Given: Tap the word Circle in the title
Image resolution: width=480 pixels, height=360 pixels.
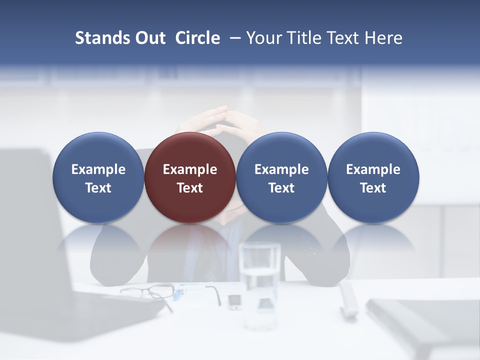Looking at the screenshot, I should (x=197, y=38).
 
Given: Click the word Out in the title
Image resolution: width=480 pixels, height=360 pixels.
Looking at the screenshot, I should (x=149, y=38).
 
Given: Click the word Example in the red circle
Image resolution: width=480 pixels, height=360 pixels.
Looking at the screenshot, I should (x=190, y=169).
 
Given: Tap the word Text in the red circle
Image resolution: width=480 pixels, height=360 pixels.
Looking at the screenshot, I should (x=190, y=188).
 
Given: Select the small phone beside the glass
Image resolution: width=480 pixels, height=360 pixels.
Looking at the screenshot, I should (x=234, y=301).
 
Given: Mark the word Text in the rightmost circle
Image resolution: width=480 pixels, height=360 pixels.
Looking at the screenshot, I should (x=373, y=188).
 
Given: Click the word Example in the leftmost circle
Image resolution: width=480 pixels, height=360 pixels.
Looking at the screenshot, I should (x=98, y=169).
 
